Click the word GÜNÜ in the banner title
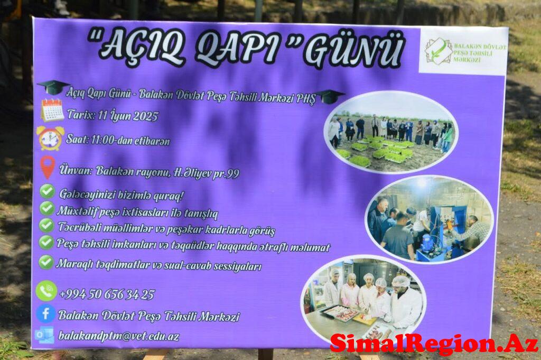(353, 52)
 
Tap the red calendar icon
(52, 110)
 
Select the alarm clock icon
(50, 138)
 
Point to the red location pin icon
(48, 167)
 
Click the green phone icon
(46, 291)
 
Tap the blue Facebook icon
(45, 314)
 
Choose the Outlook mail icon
(44, 335)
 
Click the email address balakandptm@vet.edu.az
(119, 336)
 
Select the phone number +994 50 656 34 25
(107, 294)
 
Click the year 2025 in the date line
(145, 116)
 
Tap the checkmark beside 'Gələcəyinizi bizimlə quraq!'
(47, 191)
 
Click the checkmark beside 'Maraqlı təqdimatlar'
(46, 262)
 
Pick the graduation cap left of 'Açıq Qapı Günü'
(53, 87)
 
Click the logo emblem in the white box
(438, 52)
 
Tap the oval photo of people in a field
(391, 132)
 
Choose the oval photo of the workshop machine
(430, 219)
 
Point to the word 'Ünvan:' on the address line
(76, 170)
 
